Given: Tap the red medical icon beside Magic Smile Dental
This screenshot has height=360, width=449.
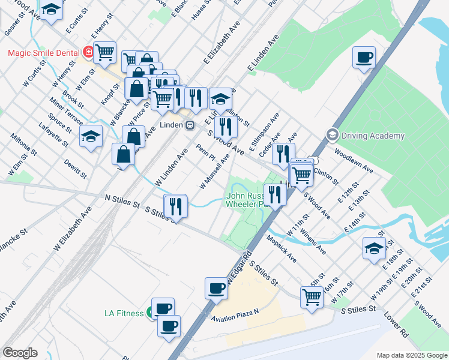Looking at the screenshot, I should point(88,53).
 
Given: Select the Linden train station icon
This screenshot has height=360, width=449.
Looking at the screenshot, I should point(190,125).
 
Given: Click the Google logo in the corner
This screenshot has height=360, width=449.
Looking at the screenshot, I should point(20,353).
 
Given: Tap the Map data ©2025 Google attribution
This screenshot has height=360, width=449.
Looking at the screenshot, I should point(411,355).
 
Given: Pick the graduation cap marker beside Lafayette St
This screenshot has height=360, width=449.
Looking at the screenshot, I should point(91,137).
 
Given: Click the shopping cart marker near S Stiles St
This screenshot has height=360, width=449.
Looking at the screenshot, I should point(312,296).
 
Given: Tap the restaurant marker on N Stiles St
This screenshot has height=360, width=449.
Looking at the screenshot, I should point(176,205).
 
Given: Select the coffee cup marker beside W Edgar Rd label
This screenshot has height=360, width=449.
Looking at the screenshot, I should point(216,288).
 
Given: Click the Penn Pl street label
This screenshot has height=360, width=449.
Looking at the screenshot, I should point(205,152).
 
